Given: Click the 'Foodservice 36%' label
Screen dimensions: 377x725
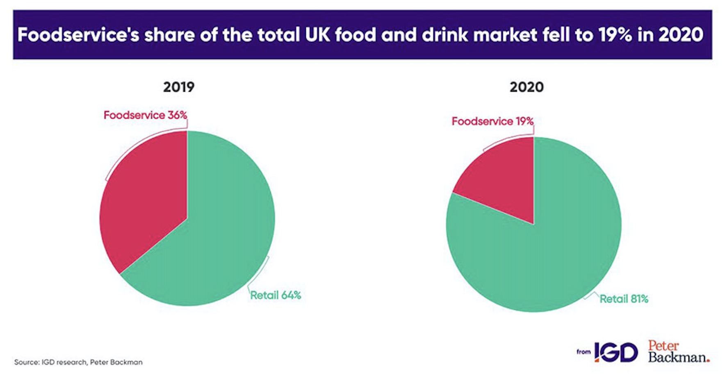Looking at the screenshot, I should (145, 115).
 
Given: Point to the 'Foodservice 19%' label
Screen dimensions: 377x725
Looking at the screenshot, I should (492, 121).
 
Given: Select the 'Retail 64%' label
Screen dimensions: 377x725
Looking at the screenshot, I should (276, 295).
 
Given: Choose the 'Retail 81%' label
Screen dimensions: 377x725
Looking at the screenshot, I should (624, 299).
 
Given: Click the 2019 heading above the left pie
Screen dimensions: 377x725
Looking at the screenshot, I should (179, 87).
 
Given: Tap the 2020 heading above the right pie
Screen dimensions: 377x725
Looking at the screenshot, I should (527, 87).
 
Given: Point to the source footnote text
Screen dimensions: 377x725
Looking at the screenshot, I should (78, 362).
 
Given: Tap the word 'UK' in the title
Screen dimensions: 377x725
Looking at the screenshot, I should (317, 35).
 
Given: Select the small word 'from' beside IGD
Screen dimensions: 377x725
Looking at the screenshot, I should (584, 352).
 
